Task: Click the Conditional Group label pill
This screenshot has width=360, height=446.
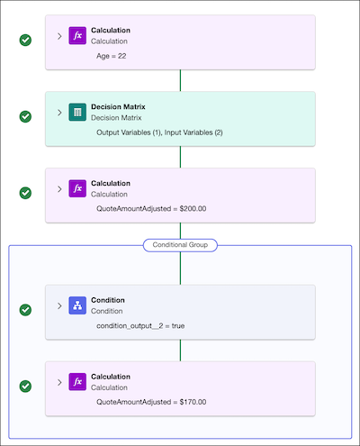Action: tap(180, 245)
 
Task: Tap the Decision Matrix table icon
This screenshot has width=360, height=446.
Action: tap(77, 113)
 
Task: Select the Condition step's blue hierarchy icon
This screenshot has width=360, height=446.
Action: tap(77, 305)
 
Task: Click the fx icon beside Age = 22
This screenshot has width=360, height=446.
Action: tap(77, 36)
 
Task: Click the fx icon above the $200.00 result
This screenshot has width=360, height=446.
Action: tap(77, 188)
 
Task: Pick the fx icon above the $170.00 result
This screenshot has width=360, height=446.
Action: tap(77, 382)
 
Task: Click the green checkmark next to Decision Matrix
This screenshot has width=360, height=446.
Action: tap(25, 116)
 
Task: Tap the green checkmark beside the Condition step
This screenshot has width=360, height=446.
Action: tap(25, 310)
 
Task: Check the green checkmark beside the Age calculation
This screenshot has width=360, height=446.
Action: tap(25, 40)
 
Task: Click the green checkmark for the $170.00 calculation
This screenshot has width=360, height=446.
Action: tap(25, 387)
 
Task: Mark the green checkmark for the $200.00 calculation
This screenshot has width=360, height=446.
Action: tap(25, 193)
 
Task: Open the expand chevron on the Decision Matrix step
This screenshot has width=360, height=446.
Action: tap(59, 113)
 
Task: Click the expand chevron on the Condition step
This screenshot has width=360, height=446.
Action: tap(59, 305)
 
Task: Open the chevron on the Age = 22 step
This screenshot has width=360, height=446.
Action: tap(59, 36)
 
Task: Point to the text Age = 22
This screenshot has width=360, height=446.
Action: tap(112, 56)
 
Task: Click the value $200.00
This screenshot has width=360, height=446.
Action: tap(193, 209)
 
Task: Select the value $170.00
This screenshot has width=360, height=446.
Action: tap(193, 402)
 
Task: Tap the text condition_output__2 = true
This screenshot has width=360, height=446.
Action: tap(140, 326)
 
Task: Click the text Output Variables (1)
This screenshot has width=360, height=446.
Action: tap(129, 132)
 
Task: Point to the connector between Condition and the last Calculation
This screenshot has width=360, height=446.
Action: tap(180, 350)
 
